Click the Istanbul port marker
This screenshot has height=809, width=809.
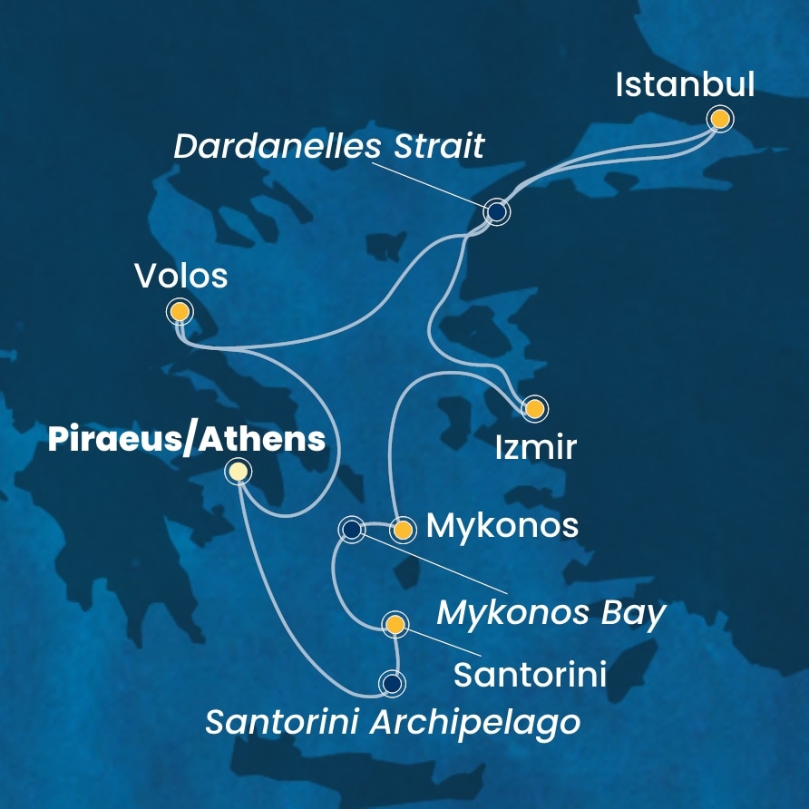point(720,119)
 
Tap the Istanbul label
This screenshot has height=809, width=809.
point(685,85)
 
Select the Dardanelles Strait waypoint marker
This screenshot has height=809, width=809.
point(497,212)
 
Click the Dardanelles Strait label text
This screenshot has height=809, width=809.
point(329,146)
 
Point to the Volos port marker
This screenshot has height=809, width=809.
point(180,312)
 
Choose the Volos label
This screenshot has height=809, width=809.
point(180,276)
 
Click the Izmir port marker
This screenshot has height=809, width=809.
point(534,408)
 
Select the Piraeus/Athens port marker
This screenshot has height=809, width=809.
point(238,471)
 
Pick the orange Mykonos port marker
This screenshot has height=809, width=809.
point(402,529)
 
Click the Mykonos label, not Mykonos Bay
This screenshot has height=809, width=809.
point(502,525)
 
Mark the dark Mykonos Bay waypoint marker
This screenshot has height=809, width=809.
point(350,528)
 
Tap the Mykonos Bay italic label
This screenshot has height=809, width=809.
point(551,614)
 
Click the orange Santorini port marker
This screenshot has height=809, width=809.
point(395,624)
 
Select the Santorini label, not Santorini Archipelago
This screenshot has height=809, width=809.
point(530,674)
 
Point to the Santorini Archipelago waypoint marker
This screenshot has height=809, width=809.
point(392,682)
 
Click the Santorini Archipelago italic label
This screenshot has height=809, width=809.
point(392,723)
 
